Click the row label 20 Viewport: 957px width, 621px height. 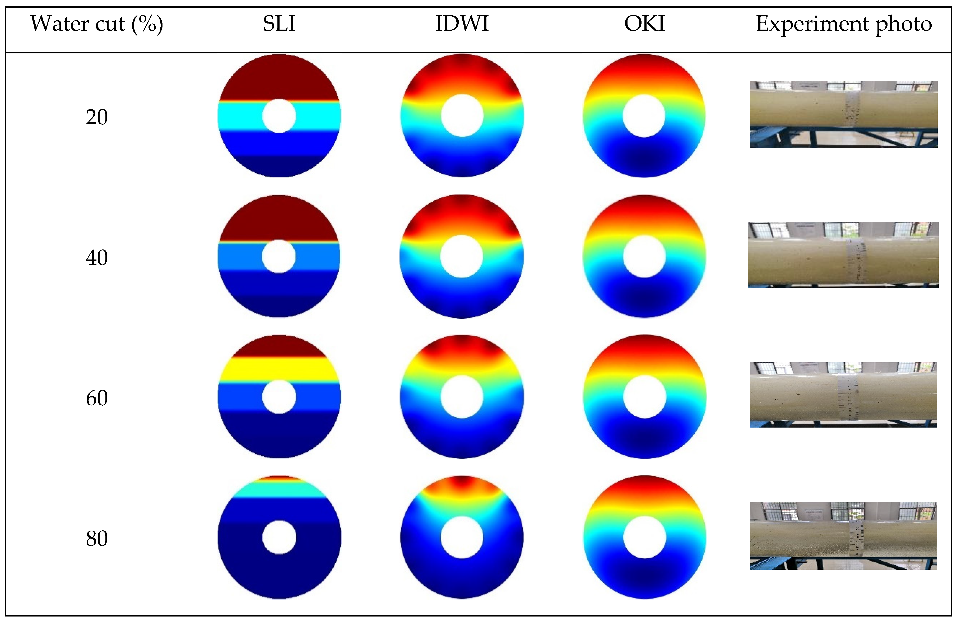click(x=96, y=117)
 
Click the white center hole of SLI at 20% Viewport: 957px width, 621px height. click(x=279, y=116)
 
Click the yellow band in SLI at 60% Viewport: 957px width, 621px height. click(x=279, y=369)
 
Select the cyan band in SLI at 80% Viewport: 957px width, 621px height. click(x=279, y=489)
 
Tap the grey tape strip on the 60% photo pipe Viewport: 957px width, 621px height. click(x=847, y=396)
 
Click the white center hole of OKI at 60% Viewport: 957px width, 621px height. click(x=645, y=397)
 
